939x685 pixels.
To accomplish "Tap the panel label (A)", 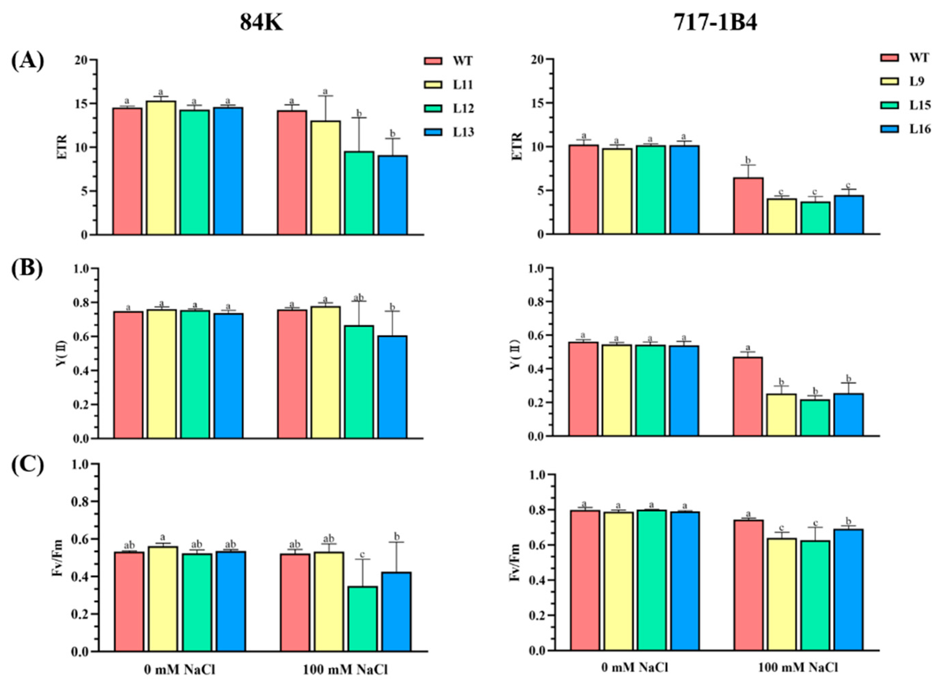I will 27,62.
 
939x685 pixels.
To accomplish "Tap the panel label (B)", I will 27,270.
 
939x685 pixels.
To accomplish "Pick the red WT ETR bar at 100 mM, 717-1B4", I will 748,206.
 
